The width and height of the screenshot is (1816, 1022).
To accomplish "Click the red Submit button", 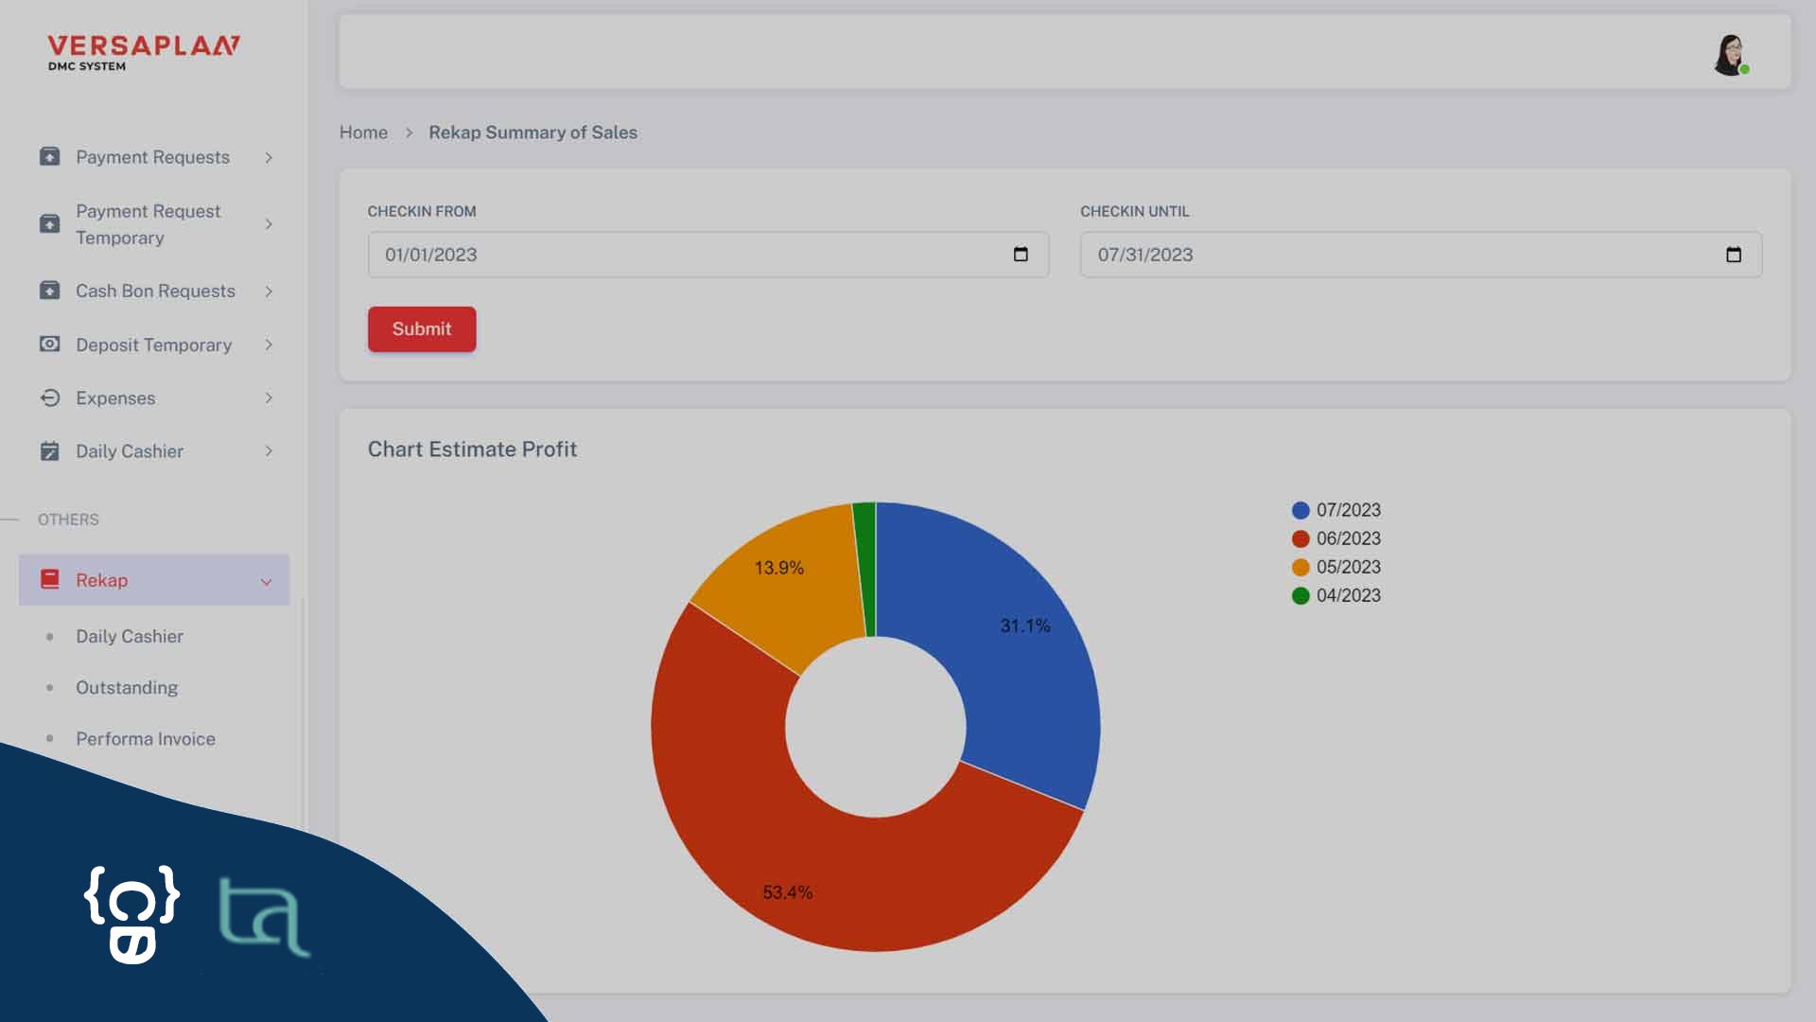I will pyautogui.click(x=422, y=329).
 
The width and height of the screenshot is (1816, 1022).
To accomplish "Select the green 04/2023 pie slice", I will pyautogui.click(x=864, y=568).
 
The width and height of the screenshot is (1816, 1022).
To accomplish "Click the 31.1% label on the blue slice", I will pyautogui.click(x=1025, y=626).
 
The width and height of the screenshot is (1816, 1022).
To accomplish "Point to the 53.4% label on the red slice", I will pyautogui.click(x=787, y=892).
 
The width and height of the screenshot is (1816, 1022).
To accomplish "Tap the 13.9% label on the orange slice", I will pyautogui.click(x=778, y=568).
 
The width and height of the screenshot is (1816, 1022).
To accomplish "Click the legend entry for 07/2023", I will pyautogui.click(x=1336, y=510).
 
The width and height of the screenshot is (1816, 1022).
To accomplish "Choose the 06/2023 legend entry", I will pyautogui.click(x=1336, y=538).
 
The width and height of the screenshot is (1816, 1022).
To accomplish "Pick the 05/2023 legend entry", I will pyautogui.click(x=1336, y=567).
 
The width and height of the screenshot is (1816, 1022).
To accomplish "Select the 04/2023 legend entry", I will pyautogui.click(x=1336, y=595).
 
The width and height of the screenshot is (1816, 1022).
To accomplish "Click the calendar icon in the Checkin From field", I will pyautogui.click(x=1021, y=255).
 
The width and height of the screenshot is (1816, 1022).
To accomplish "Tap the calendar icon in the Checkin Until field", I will pyautogui.click(x=1733, y=255).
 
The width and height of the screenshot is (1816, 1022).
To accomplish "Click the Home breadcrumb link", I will pyautogui.click(x=363, y=132).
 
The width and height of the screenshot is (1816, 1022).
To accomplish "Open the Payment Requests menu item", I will pyautogui.click(x=152, y=157).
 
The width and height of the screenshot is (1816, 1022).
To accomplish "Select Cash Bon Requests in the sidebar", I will pyautogui.click(x=155, y=291).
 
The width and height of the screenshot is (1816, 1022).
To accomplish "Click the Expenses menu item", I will pyautogui.click(x=115, y=398).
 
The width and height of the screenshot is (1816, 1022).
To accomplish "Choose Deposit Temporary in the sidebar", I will pyautogui.click(x=153, y=345).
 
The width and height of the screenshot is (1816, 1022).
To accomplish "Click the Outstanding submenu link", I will pyautogui.click(x=127, y=688).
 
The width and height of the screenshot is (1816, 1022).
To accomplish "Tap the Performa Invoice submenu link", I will pyautogui.click(x=146, y=739).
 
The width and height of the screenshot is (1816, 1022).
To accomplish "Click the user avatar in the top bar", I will pyautogui.click(x=1730, y=55).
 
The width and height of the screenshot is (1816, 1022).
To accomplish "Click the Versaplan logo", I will pyautogui.click(x=144, y=52).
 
